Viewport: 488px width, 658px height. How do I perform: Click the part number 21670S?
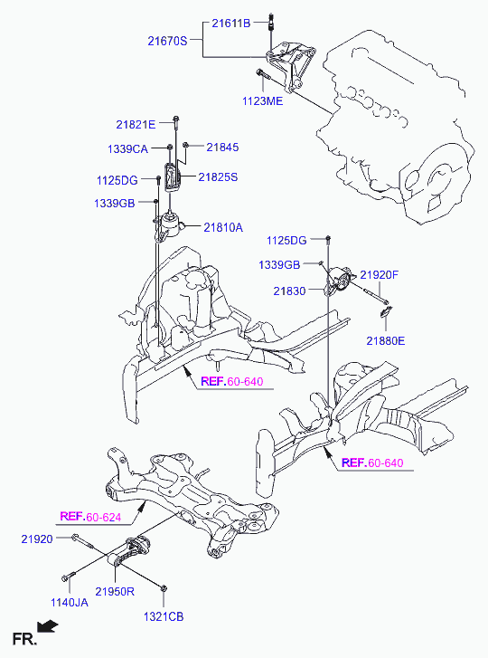167,41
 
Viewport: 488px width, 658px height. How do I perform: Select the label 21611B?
230,24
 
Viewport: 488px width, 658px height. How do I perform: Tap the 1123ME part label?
263,101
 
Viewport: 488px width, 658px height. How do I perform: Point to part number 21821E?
136,125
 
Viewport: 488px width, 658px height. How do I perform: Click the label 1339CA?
127,149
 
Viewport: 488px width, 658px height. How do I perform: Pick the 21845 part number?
222,148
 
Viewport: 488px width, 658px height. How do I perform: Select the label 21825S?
218,177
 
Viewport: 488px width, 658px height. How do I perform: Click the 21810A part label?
223,227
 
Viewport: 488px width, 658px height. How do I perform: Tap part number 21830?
289,291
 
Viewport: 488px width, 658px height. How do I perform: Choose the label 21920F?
380,275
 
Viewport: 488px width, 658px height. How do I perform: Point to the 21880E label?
386,340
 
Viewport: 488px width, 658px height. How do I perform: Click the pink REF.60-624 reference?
90,517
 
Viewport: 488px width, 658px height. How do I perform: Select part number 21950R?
115,591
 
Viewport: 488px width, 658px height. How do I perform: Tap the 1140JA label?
70,603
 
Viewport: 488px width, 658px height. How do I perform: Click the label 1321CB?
164,617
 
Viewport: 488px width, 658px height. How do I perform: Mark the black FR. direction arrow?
47,626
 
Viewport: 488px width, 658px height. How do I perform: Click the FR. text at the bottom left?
24,639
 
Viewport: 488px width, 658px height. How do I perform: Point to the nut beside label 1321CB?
164,588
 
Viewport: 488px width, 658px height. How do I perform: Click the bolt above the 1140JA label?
68,576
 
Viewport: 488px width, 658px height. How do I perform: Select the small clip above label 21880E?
386,311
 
